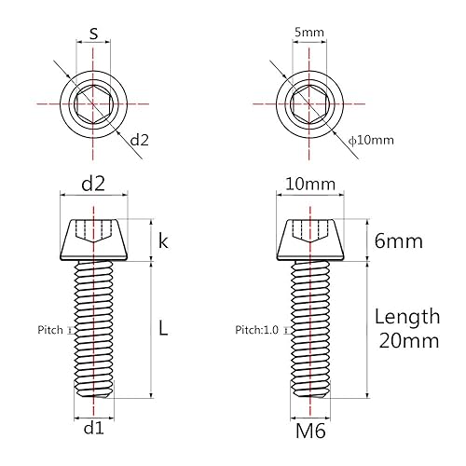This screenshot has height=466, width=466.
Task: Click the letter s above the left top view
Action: pyautogui.click(x=93, y=34)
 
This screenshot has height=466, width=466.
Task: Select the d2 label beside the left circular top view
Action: pyautogui.click(x=140, y=140)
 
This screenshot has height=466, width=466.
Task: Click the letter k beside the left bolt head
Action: pyautogui.click(x=163, y=241)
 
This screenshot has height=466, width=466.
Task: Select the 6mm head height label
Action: pyautogui.click(x=398, y=241)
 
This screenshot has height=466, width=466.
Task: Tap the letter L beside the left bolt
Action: pyautogui.click(x=163, y=328)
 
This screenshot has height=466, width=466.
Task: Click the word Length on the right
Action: pyautogui.click(x=406, y=317)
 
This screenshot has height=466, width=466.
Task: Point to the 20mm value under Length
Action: pyautogui.click(x=406, y=341)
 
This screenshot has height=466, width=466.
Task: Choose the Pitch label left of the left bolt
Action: pyautogui.click(x=50, y=330)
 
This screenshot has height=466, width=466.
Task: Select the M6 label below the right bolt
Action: pyautogui.click(x=308, y=432)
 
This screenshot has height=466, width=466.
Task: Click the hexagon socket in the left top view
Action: pyautogui.click(x=93, y=101)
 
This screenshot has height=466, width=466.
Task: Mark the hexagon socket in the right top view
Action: pyautogui.click(x=308, y=101)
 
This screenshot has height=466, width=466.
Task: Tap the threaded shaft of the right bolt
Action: pyautogui.click(x=308, y=326)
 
